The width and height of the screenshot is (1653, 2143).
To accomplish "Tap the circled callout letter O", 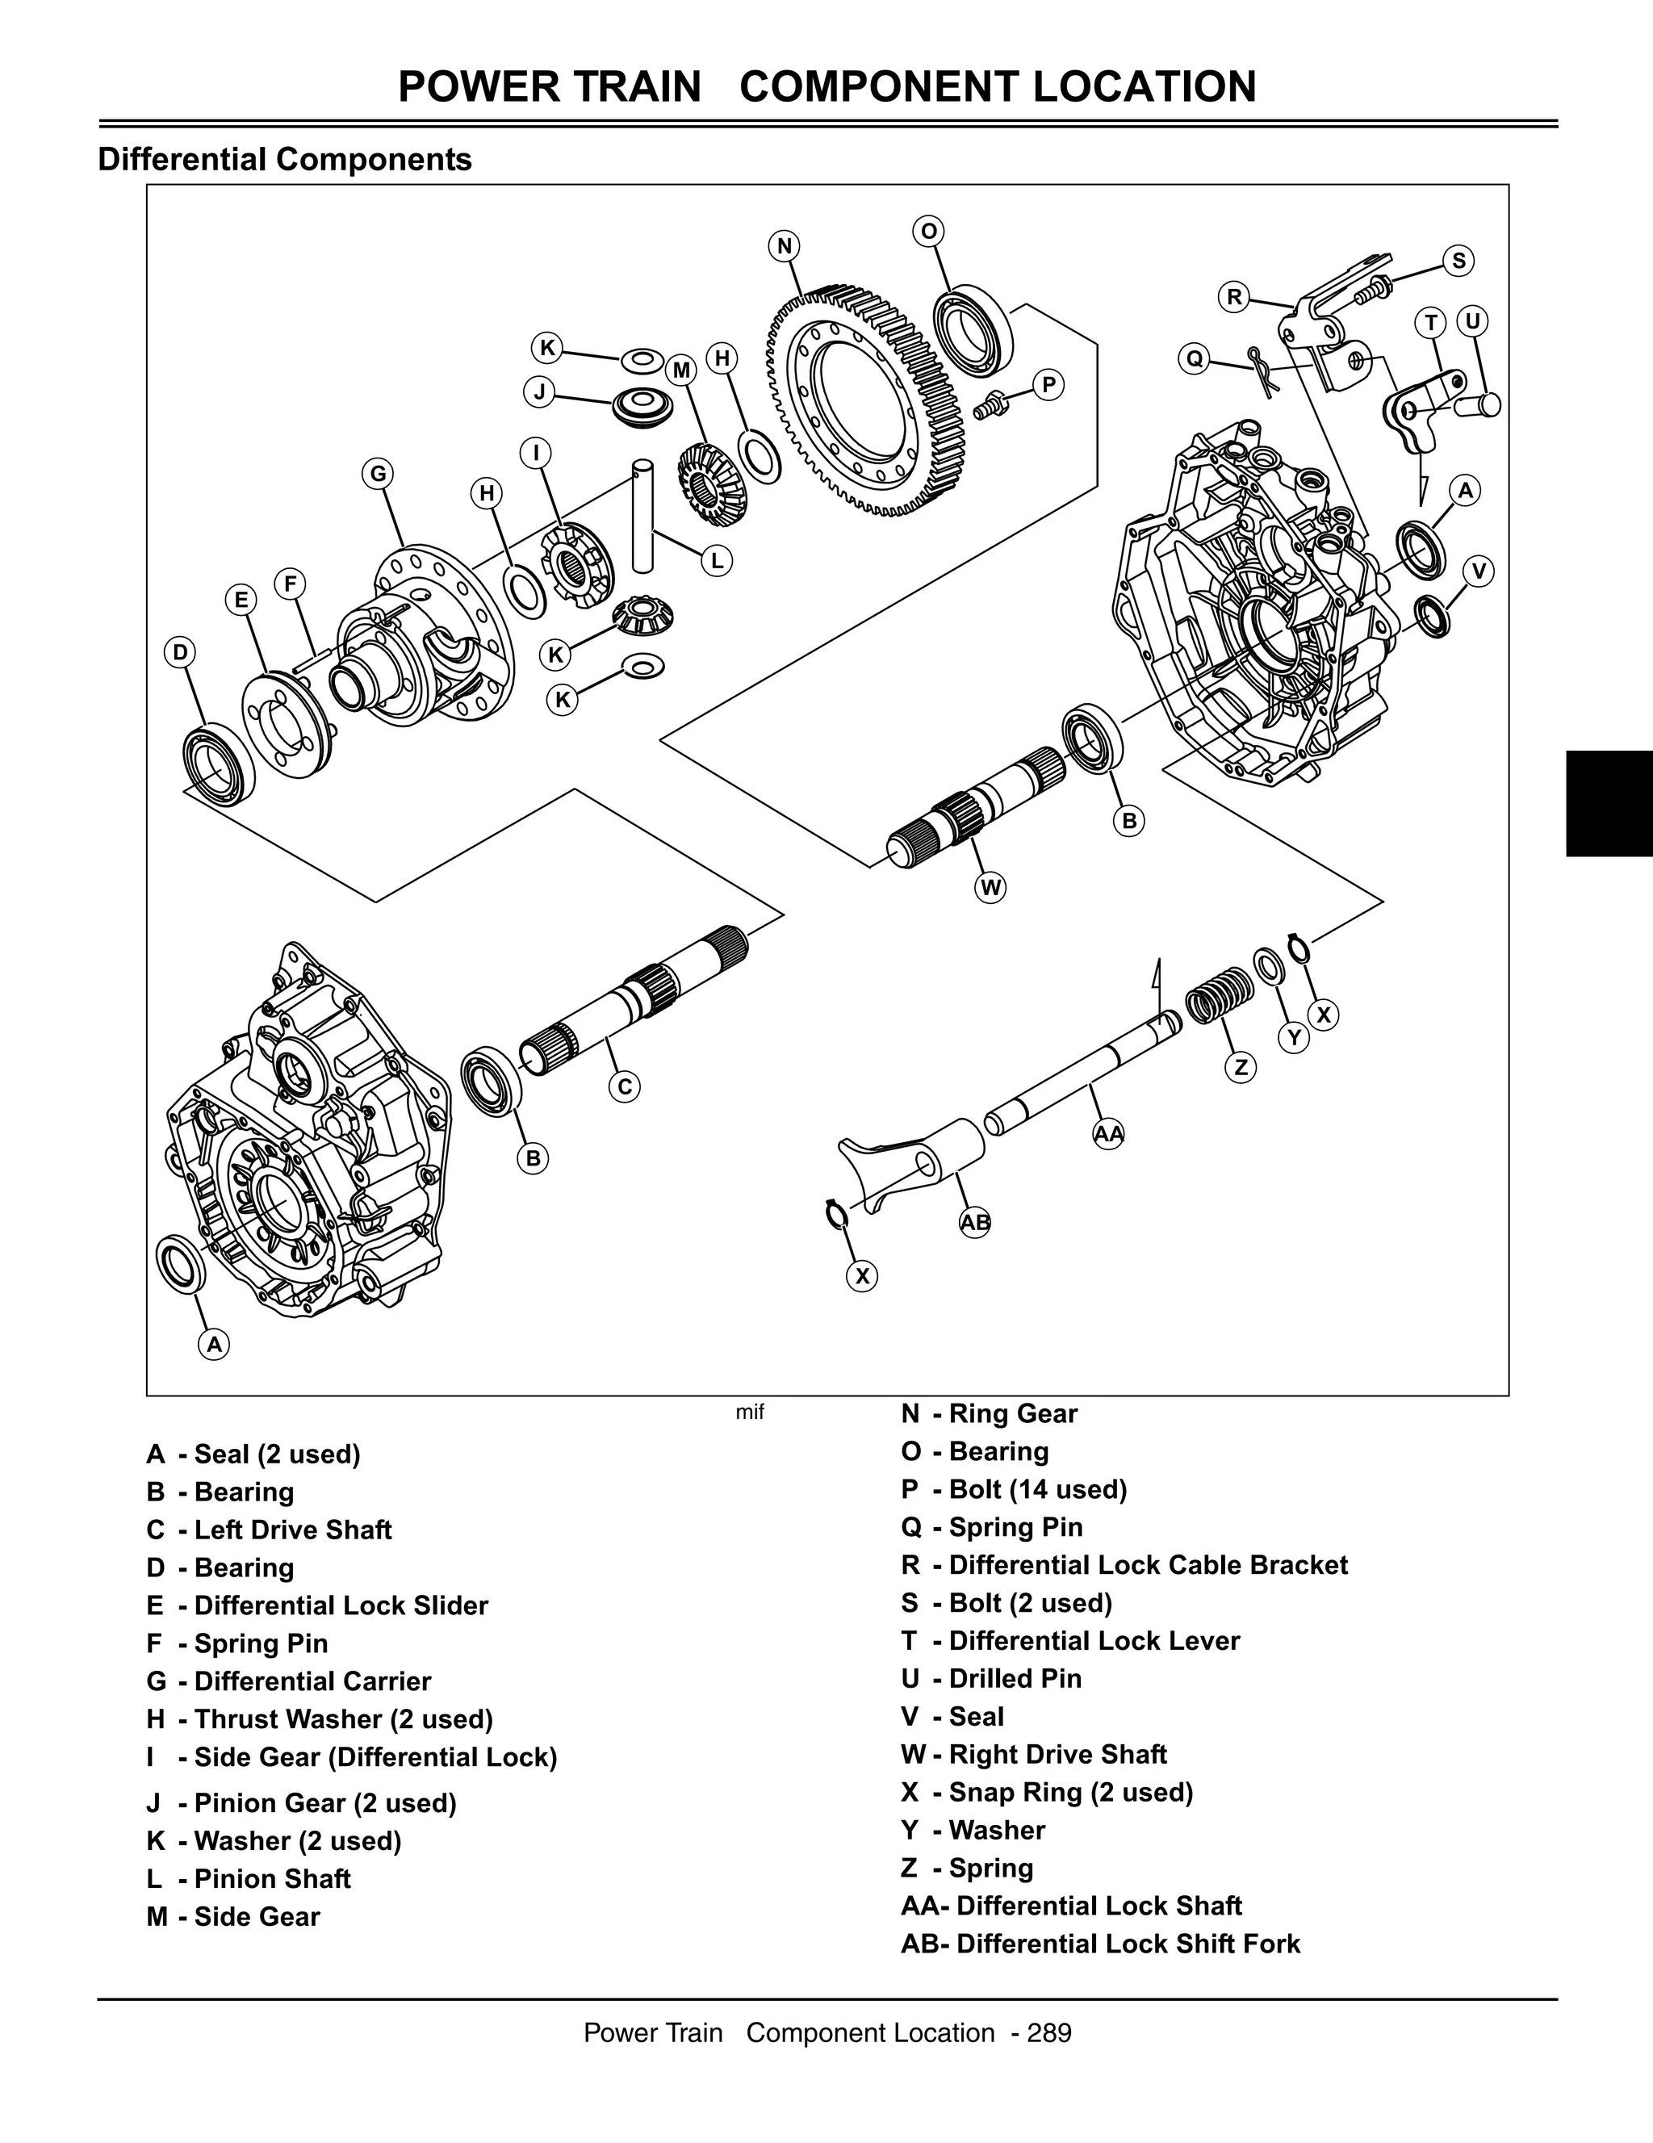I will point(928,232).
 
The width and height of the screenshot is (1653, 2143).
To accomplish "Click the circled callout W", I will point(991,888).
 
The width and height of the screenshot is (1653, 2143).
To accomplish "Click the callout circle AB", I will point(975,1223).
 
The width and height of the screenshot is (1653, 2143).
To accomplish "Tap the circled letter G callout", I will point(377,474).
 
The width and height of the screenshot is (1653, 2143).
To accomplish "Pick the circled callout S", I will point(1458,261).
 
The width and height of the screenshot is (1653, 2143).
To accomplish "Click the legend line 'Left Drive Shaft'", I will point(292,1530).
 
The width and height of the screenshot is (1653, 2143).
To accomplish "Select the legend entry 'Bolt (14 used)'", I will point(1038,1488).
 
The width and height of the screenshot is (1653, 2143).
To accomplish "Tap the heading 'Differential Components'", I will point(284,159).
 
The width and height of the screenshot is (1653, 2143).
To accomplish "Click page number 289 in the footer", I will point(1050,2032).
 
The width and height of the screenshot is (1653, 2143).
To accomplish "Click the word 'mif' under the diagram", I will point(750,1413).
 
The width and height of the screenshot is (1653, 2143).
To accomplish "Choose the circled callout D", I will point(179,652).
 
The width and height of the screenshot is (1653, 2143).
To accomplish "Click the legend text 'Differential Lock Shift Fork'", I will point(1128,1944).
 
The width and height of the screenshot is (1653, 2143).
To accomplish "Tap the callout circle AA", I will point(1108,1134).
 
